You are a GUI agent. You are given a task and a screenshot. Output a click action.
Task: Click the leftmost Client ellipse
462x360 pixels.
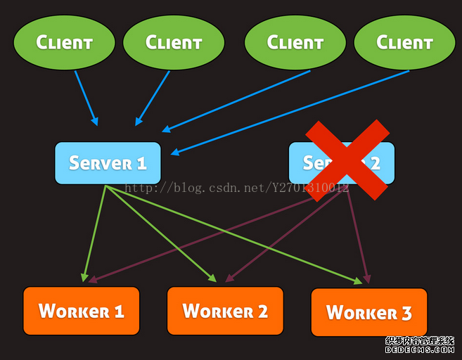click(64, 42)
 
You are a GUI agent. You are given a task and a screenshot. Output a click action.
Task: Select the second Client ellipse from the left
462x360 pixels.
click(173, 43)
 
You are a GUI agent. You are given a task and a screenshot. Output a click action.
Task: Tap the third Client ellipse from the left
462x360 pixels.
click(295, 42)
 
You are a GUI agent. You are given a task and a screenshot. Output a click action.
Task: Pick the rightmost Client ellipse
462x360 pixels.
click(404, 42)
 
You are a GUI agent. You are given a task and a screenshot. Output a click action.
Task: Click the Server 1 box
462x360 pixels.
click(108, 163)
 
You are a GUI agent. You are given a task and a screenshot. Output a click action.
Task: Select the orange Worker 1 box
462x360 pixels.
click(81, 311)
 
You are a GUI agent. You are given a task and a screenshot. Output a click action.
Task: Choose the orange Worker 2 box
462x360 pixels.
click(225, 311)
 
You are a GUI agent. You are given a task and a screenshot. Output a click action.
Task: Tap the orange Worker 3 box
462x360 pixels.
click(368, 312)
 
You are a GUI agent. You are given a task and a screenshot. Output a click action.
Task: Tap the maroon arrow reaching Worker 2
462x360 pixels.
click(281, 239)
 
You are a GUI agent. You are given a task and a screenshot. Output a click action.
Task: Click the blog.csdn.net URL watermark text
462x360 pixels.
click(236, 188)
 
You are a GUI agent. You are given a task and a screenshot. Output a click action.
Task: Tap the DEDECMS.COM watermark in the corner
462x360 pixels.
click(420, 349)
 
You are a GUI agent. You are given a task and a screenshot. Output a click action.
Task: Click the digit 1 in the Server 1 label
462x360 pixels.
click(141, 164)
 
